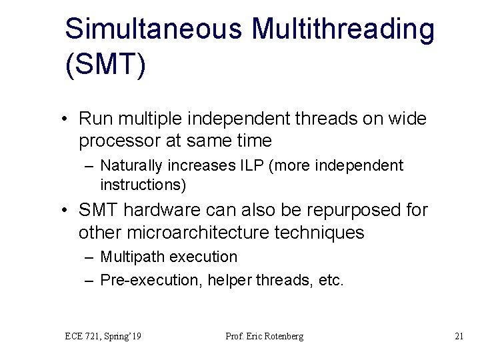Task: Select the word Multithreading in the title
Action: coord(344,29)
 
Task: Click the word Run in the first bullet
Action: coord(93,119)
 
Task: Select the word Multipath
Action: coord(131,257)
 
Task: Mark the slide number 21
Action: coord(459,336)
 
